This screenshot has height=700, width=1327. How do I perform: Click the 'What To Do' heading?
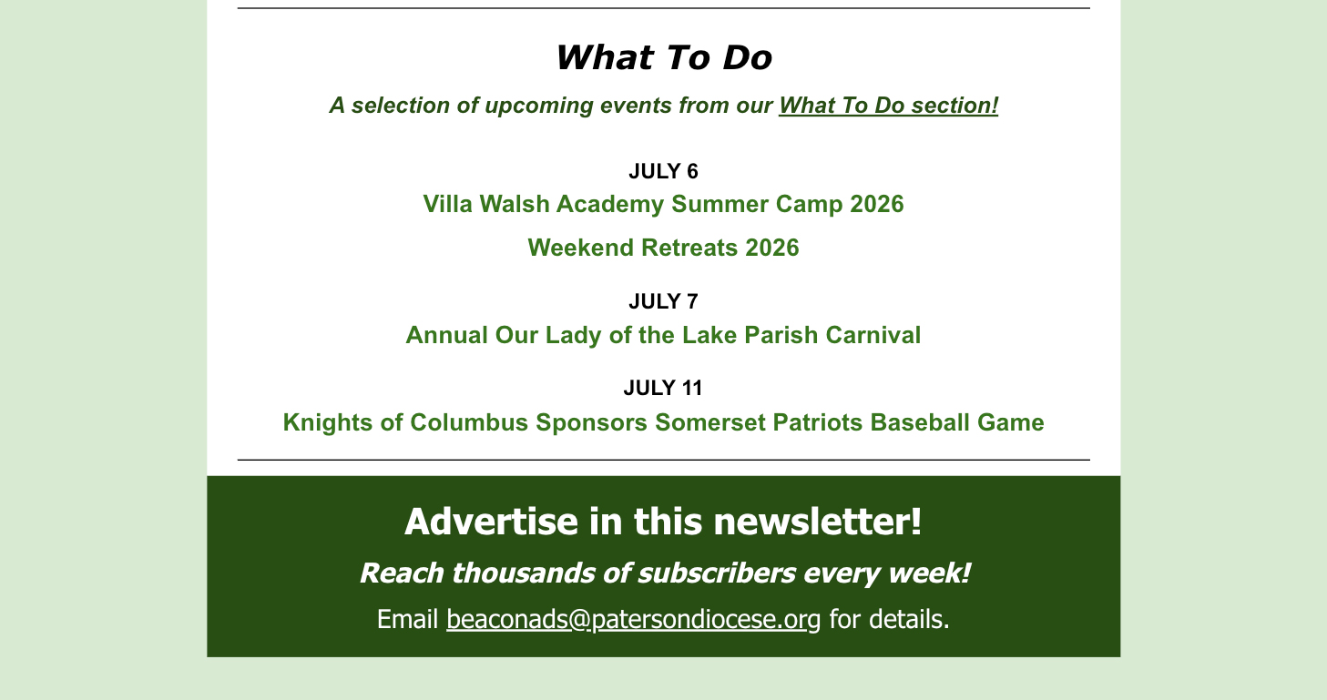pyautogui.click(x=663, y=57)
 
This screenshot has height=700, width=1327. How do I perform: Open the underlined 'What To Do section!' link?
pyautogui.click(x=888, y=106)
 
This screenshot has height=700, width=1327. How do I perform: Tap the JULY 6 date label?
pyautogui.click(x=663, y=171)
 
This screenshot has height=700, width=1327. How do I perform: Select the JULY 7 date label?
pyautogui.click(x=663, y=301)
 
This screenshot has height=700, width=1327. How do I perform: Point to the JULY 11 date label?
pyautogui.click(x=663, y=388)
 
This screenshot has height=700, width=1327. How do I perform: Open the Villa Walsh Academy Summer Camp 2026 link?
pyautogui.click(x=663, y=204)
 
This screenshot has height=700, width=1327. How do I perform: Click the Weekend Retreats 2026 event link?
pyautogui.click(x=663, y=248)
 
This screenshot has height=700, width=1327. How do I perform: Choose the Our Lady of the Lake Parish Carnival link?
pyautogui.click(x=663, y=335)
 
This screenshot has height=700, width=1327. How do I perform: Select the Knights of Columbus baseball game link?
pyautogui.click(x=663, y=423)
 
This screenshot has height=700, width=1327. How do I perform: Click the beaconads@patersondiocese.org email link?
pyautogui.click(x=633, y=620)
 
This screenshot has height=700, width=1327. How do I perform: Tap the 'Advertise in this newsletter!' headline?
pyautogui.click(x=663, y=522)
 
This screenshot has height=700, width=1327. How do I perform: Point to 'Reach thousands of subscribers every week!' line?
pyautogui.click(x=665, y=573)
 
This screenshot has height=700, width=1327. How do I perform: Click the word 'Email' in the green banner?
pyautogui.click(x=407, y=620)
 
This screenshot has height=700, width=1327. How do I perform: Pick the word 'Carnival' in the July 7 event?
pyautogui.click(x=873, y=335)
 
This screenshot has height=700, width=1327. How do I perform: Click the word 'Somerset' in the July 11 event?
pyautogui.click(x=709, y=423)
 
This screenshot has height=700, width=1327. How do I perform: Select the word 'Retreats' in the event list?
pyautogui.click(x=689, y=248)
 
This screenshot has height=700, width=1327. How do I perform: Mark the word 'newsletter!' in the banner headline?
pyautogui.click(x=818, y=522)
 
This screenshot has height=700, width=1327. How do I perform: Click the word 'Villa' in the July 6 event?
pyautogui.click(x=448, y=204)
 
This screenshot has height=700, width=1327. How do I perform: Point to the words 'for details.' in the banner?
pyautogui.click(x=889, y=620)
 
